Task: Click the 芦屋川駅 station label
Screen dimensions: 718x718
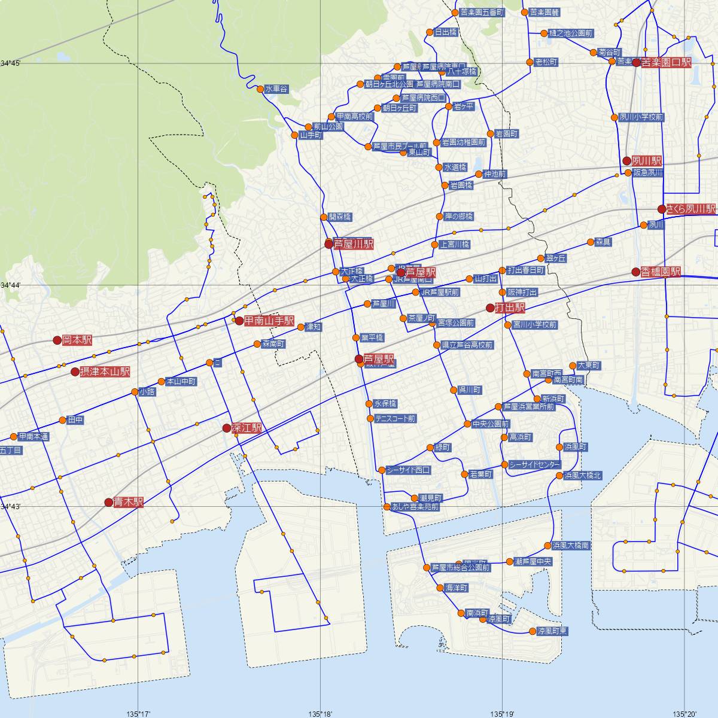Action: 353,244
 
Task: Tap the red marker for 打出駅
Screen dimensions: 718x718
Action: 490,308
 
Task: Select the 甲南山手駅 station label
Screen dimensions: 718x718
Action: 269,321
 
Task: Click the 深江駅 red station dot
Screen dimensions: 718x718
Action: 226,428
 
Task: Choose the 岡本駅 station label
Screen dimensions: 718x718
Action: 79,340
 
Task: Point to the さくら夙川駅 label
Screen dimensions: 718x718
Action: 691,209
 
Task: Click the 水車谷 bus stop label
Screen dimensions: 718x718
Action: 276,89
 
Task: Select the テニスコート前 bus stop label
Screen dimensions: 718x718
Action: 395,419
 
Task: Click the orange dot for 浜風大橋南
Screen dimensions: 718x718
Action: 547,546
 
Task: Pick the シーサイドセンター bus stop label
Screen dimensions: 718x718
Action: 535,465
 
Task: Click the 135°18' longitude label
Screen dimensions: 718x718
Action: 321,713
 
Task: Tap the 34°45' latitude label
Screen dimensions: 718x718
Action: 11,63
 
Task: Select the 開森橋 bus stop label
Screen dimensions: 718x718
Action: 340,217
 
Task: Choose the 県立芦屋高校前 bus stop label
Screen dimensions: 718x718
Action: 467,345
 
